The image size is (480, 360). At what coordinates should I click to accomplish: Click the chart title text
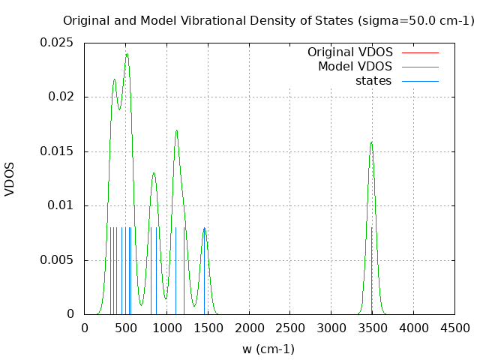coord(268,21)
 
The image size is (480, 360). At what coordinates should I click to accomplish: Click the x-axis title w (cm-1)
coord(268,349)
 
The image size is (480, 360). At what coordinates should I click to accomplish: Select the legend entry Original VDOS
coord(349,52)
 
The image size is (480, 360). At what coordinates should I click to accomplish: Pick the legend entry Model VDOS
coord(355,67)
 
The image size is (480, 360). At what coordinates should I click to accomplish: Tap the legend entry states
coord(373,81)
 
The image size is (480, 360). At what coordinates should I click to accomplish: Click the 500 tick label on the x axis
coord(125,328)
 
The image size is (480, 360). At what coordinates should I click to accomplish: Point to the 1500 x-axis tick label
coord(208,328)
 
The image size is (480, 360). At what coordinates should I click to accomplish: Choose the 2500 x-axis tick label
coord(290,328)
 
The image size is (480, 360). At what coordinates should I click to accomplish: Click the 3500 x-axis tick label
coord(372,328)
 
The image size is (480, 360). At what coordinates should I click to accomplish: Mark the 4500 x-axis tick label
coord(454,328)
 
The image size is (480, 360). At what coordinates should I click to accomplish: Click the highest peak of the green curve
coord(127,54)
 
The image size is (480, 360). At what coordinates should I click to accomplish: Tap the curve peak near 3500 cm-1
coord(371,142)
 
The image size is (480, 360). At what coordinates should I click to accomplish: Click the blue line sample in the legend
coord(420,81)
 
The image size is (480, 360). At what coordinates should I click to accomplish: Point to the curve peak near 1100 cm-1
coord(176,130)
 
